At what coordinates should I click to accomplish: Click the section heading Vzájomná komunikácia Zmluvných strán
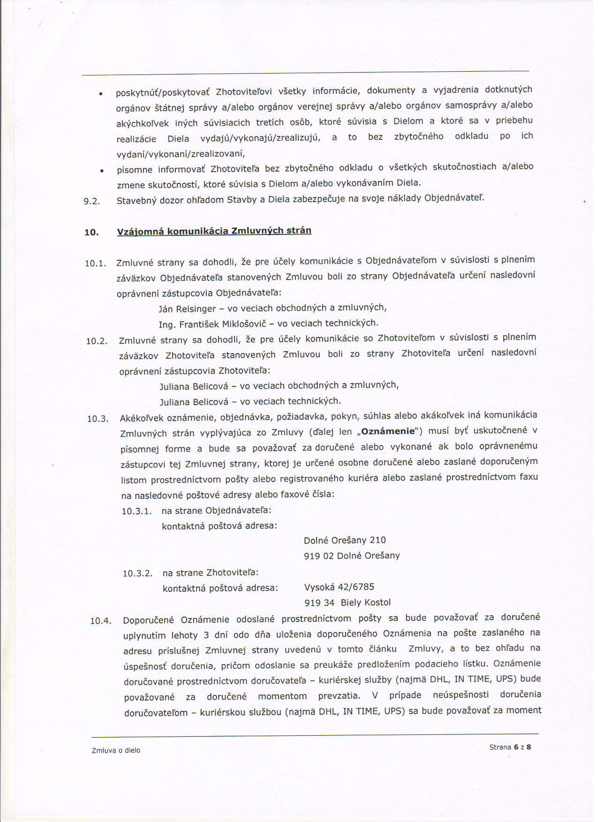tap(214, 231)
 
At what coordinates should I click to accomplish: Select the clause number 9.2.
tap(92, 202)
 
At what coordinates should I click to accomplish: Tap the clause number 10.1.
tap(96, 264)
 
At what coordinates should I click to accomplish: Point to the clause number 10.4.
tap(101, 621)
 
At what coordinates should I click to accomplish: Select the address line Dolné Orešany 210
tap(345, 540)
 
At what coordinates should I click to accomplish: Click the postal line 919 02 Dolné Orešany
tap(352, 556)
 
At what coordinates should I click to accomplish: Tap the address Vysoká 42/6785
tap(339, 587)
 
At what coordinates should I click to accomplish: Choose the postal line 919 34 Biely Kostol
tap(348, 603)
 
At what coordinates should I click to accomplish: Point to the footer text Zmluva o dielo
tap(116, 750)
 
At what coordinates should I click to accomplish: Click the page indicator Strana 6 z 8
tap(510, 747)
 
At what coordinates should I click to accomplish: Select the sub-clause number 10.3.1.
tap(136, 512)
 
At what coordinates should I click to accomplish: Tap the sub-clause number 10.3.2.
tap(137, 573)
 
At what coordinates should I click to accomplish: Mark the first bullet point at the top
tap(101, 94)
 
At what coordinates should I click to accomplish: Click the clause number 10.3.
tap(98, 419)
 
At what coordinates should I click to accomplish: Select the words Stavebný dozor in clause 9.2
tap(146, 201)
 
